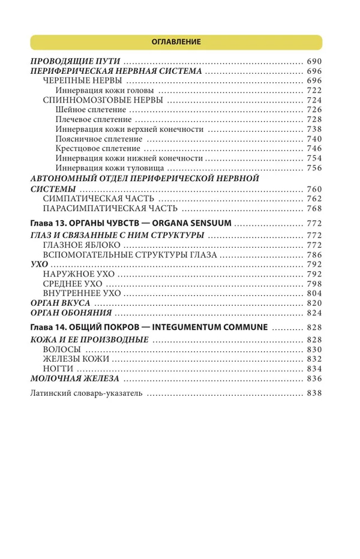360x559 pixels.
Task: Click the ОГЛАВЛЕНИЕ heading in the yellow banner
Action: click(x=176, y=42)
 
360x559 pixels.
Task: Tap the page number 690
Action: click(x=314, y=61)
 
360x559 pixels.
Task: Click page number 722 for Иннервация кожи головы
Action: click(x=314, y=90)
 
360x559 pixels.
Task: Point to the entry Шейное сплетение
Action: click(x=90, y=110)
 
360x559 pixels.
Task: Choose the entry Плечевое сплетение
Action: click(x=93, y=119)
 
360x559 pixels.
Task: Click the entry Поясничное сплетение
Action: click(x=95, y=139)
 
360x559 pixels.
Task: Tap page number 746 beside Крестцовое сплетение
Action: click(x=314, y=148)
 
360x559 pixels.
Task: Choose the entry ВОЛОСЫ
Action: click(x=62, y=350)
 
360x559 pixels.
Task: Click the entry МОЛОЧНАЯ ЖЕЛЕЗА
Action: click(x=74, y=379)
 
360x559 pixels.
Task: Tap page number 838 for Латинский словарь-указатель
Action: click(x=314, y=394)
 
